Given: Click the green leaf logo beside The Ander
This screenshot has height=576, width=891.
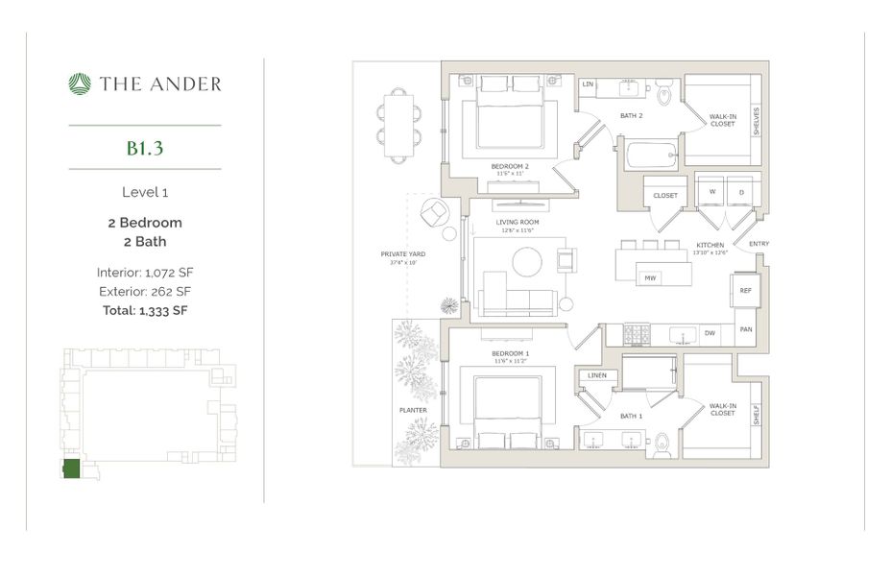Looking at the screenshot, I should (80, 84).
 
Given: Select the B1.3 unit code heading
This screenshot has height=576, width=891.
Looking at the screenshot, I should (145, 148).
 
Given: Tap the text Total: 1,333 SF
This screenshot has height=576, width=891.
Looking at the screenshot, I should (145, 310).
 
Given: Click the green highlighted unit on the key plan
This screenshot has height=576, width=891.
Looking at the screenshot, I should (71, 469).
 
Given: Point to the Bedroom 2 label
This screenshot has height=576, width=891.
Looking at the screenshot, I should (509, 166).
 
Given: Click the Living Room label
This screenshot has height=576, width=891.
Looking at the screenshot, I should (515, 222).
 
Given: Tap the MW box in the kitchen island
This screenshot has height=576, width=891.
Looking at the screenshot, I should (650, 278).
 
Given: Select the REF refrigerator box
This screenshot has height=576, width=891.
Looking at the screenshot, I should (745, 290).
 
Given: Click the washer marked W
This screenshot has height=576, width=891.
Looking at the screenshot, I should (711, 191).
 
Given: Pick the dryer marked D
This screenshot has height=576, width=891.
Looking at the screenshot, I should (741, 191).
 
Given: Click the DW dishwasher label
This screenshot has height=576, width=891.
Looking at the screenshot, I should (710, 333).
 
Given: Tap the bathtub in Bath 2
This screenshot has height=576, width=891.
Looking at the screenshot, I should (650, 155).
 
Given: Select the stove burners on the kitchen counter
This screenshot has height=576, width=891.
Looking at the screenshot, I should (638, 333).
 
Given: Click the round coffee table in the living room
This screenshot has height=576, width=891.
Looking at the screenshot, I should (527, 262).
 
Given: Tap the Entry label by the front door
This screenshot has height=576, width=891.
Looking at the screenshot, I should (759, 244).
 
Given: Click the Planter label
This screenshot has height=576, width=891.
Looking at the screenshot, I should (414, 410).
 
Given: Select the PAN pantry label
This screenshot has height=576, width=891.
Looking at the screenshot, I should (745, 329).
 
